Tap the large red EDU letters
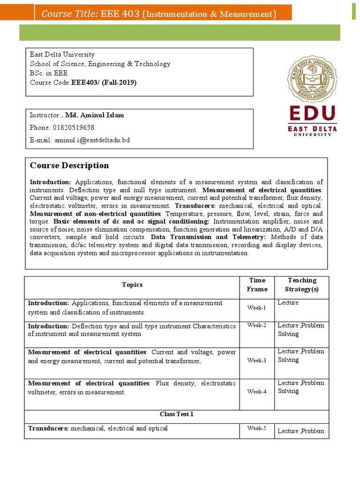(x=312, y=114)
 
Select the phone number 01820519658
(x=75, y=127)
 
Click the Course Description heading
(x=69, y=165)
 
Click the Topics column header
(x=132, y=285)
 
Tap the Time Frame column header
(x=257, y=285)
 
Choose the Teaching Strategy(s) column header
(x=301, y=285)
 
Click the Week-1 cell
(x=257, y=307)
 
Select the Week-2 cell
(x=257, y=325)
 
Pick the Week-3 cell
(x=257, y=360)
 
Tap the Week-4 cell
(x=257, y=391)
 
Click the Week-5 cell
(x=257, y=428)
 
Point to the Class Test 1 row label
(x=176, y=414)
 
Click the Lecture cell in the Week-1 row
(x=288, y=303)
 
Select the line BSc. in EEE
(x=49, y=73)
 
